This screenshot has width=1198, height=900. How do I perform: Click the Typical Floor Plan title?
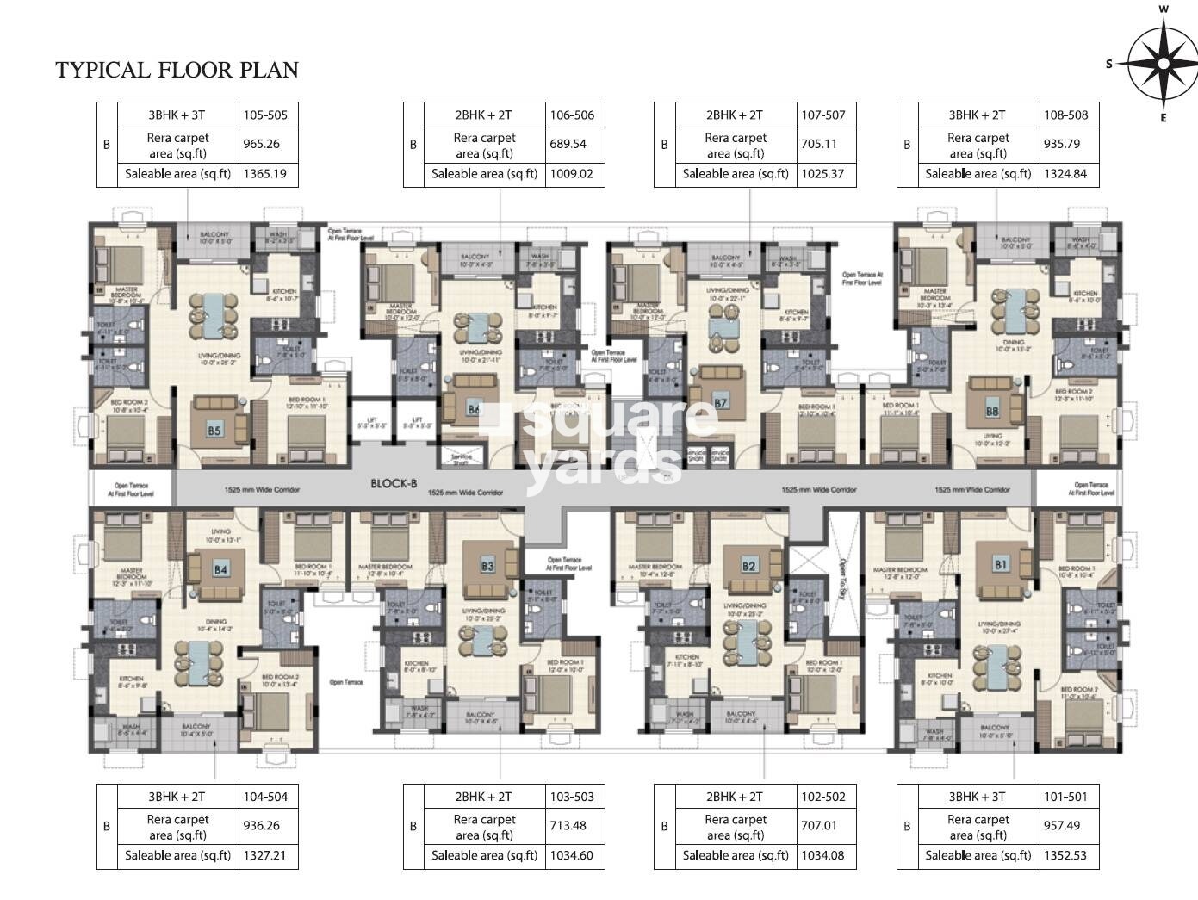point(177,70)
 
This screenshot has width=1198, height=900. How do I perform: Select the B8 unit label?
point(992,412)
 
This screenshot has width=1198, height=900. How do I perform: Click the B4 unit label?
point(220,569)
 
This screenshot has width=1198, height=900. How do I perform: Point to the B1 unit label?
point(1000,565)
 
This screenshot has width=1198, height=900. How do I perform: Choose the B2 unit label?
point(748,566)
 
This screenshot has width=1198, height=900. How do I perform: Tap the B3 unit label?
point(487,567)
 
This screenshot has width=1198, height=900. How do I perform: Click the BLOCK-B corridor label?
point(394,484)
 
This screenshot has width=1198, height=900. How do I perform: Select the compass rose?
point(1162,63)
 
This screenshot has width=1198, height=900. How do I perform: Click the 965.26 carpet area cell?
point(262,145)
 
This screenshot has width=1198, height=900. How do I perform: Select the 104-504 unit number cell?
point(266,797)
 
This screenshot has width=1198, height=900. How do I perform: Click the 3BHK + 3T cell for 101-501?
point(978,797)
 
